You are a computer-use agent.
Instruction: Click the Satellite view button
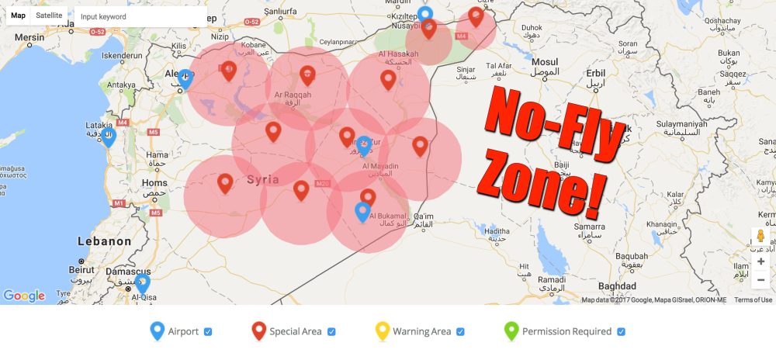(49, 16)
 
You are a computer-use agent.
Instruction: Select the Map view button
(18, 16)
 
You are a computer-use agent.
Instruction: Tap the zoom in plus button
(760, 261)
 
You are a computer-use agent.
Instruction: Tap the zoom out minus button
(760, 279)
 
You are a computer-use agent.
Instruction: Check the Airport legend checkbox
(208, 332)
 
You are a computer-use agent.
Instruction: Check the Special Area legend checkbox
(331, 332)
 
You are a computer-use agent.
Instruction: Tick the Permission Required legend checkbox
(621, 332)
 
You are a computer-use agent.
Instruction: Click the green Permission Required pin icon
(511, 331)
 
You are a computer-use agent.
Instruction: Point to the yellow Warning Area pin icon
(381, 331)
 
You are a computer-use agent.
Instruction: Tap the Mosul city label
(545, 61)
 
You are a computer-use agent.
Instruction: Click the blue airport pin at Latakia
(108, 137)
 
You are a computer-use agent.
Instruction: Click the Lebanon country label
(104, 241)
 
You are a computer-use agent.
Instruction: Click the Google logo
(24, 296)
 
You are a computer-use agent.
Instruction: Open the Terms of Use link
(753, 300)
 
